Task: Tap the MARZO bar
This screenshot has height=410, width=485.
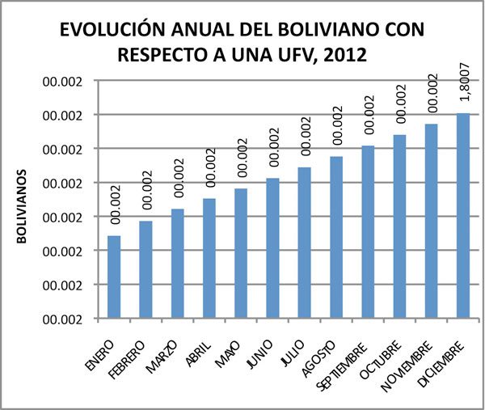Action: tap(177, 264)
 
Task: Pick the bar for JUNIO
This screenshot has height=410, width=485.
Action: tap(272, 247)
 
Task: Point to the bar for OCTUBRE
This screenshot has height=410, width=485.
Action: tap(399, 226)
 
